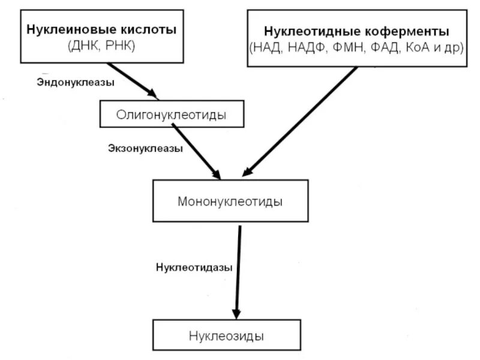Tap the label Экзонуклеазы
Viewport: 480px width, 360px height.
click(146, 147)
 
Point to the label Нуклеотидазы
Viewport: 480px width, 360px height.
click(194, 267)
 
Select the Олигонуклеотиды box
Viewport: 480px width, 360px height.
click(172, 114)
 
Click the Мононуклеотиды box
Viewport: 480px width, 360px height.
click(230, 201)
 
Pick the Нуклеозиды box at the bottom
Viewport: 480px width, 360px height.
click(226, 335)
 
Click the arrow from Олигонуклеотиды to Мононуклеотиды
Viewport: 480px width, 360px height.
click(196, 151)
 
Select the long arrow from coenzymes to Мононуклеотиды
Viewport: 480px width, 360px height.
click(301, 120)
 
